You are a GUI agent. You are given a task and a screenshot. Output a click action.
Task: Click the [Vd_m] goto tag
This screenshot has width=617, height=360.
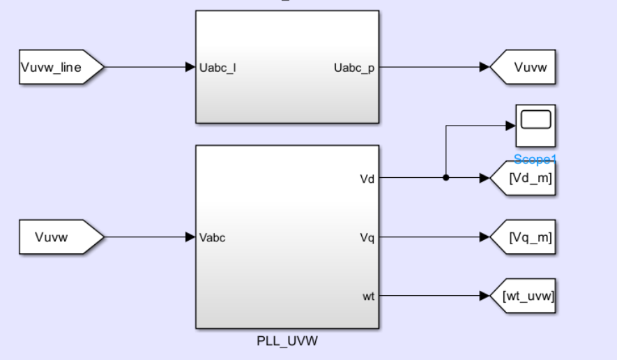pyautogui.click(x=526, y=178)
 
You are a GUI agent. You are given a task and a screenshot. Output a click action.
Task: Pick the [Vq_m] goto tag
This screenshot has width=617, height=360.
pyautogui.click(x=526, y=238)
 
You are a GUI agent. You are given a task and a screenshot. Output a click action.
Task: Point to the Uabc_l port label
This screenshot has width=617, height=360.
pyautogui.click(x=218, y=68)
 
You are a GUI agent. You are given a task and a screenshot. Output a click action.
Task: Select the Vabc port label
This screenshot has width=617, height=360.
pyautogui.click(x=213, y=238)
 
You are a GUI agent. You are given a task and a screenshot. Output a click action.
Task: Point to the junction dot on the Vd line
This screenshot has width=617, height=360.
pyautogui.click(x=446, y=177)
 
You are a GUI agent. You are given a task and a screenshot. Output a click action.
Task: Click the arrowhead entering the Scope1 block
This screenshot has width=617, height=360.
pyautogui.click(x=510, y=126)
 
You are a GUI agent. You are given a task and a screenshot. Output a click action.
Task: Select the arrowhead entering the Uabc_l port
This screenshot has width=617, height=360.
pyautogui.click(x=190, y=67)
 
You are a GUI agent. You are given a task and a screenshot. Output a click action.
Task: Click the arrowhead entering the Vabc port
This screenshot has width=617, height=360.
pyautogui.click(x=190, y=238)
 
